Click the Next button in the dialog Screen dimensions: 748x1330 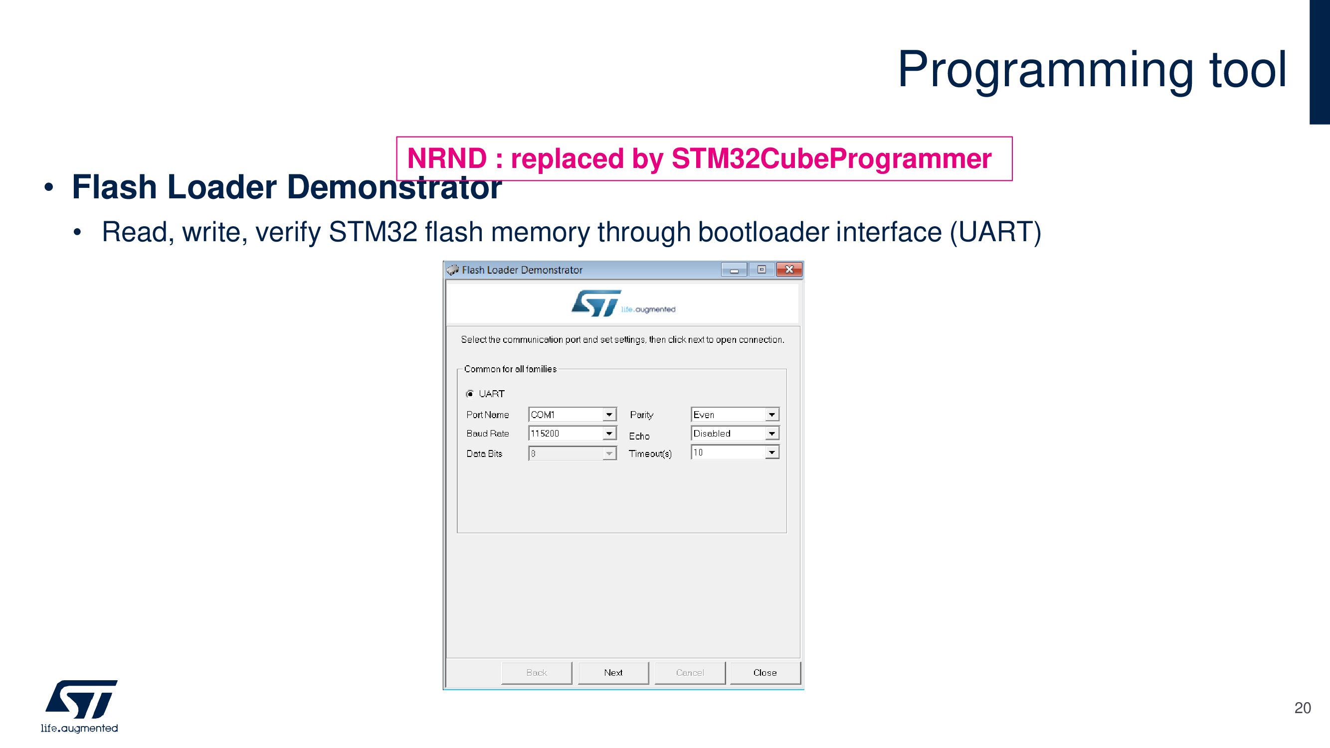pyautogui.click(x=613, y=672)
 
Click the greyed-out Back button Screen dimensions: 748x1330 pyautogui.click(x=537, y=672)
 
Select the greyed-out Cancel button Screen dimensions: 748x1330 pyautogui.click(x=689, y=672)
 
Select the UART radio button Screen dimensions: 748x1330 pyautogui.click(x=470, y=394)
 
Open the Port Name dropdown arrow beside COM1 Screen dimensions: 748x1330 pyautogui.click(x=609, y=414)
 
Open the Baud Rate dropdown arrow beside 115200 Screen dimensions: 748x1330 pyautogui.click(x=609, y=434)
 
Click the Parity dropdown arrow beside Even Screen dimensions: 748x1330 pyautogui.click(x=771, y=414)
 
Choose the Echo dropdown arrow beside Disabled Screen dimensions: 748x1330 pyautogui.click(x=771, y=434)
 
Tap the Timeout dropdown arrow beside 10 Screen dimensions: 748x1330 pyautogui.click(x=771, y=452)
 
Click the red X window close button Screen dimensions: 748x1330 pyautogui.click(x=789, y=269)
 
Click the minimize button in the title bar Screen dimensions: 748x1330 pyautogui.click(x=734, y=269)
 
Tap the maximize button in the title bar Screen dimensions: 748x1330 pyautogui.click(x=761, y=269)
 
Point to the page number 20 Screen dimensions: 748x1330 pyautogui.click(x=1302, y=708)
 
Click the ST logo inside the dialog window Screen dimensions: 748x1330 pyautogui.click(x=596, y=303)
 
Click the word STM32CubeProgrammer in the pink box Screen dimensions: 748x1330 pyautogui.click(x=831, y=158)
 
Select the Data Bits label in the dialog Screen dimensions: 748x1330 pyautogui.click(x=484, y=453)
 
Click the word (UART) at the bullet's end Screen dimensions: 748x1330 pyautogui.click(x=995, y=232)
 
